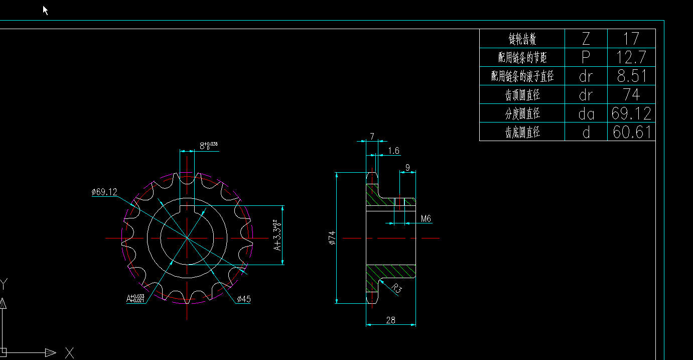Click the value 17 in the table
coord(631,38)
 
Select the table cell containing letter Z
coord(586,38)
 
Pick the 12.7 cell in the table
coord(631,57)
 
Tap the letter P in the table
coord(586,57)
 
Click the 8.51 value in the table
coord(631,76)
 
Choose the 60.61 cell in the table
coord(631,132)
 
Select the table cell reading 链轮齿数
coord(522,39)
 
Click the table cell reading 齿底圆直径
coord(522,133)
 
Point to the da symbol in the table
coord(586,114)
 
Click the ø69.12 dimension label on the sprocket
coord(104,192)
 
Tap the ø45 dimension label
coord(243,299)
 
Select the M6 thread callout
coord(426,218)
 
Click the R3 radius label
coord(396,289)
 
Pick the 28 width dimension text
coord(391,320)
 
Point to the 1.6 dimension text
coord(394,151)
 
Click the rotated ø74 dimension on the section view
coord(331,237)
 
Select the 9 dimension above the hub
coord(407,167)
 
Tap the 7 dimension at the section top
coord(372,136)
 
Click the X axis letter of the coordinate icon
coord(69,352)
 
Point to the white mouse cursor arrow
coord(45,10)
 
